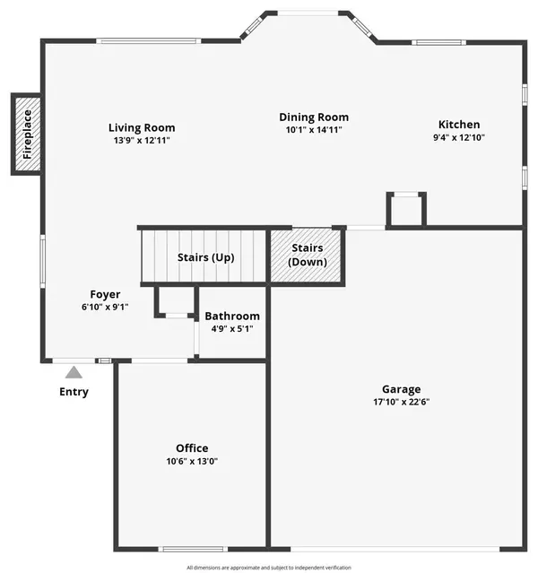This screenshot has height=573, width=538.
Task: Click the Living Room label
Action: (x=142, y=127)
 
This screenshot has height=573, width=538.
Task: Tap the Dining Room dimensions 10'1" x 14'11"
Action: (x=314, y=129)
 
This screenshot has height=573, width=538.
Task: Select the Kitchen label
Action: (x=459, y=125)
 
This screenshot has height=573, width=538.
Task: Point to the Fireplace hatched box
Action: (x=26, y=134)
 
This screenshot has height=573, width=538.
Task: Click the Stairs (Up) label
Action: (x=205, y=257)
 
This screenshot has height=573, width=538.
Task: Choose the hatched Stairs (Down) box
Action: (x=307, y=256)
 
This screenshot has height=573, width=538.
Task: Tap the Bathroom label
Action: (x=232, y=316)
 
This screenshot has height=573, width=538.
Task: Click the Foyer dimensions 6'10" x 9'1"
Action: (x=105, y=307)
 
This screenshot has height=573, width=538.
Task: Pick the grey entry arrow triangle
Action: (x=74, y=372)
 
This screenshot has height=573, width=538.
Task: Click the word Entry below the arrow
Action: (x=74, y=392)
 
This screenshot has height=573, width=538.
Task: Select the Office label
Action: (x=192, y=448)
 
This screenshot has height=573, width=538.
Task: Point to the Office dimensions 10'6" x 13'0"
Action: (x=192, y=462)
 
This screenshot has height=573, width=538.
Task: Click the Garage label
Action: (x=401, y=389)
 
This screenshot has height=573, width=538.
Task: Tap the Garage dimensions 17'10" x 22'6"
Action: (x=401, y=403)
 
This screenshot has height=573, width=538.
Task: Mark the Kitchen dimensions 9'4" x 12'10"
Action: (x=459, y=138)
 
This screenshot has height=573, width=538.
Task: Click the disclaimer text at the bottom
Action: (x=269, y=567)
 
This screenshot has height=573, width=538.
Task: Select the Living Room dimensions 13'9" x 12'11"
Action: (x=142, y=141)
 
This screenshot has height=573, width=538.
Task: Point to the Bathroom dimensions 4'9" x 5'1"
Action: (x=232, y=329)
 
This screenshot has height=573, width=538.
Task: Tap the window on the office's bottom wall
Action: (x=193, y=547)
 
